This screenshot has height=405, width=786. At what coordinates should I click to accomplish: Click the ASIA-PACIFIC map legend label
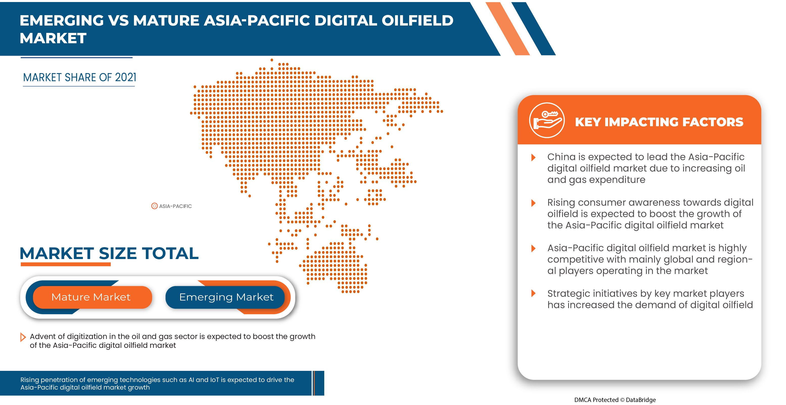[x=175, y=206]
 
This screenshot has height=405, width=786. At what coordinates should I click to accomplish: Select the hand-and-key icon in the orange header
[x=547, y=120]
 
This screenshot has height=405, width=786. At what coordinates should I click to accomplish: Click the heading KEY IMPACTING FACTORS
[x=659, y=122]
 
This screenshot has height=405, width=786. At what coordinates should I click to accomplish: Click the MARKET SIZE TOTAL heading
[x=109, y=253]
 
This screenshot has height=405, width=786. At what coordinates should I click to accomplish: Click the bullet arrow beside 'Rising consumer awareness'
[x=533, y=203]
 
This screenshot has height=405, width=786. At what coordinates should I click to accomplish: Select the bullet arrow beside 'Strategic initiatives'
[x=533, y=293]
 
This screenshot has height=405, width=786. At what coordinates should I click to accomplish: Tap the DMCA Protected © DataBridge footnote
[x=615, y=399]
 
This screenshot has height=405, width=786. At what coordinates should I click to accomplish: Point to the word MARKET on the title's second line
[x=53, y=38]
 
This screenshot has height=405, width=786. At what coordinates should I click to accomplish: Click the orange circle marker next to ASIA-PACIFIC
[x=154, y=206]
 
